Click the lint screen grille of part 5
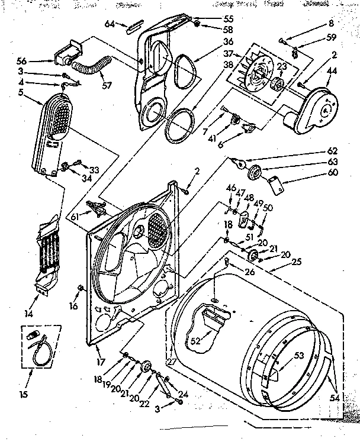pyautogui.click(x=57, y=117)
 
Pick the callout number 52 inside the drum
pyautogui.click(x=195, y=341)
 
